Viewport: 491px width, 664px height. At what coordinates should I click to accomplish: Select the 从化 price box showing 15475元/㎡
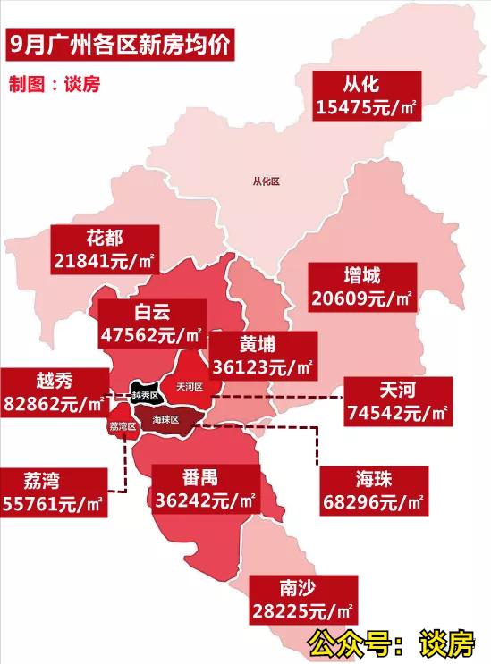(x=367, y=97)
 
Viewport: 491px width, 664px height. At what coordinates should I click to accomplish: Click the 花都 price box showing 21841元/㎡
(x=105, y=249)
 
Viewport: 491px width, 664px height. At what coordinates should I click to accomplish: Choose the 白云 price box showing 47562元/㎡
(x=151, y=324)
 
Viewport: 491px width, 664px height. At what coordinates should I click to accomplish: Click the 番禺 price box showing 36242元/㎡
(x=205, y=486)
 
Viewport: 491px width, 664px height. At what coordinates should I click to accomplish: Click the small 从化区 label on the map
(x=266, y=181)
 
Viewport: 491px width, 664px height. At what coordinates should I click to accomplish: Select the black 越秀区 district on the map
(x=144, y=394)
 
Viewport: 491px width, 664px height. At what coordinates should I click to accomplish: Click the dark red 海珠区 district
(x=166, y=419)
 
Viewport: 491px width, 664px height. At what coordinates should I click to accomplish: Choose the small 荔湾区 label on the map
(x=122, y=426)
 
